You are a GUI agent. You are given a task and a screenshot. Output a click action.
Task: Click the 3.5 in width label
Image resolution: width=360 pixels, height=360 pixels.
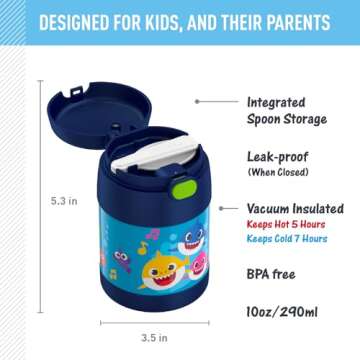point(154,338)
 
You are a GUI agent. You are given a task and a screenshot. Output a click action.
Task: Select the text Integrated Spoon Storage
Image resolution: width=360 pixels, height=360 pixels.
point(286,110)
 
